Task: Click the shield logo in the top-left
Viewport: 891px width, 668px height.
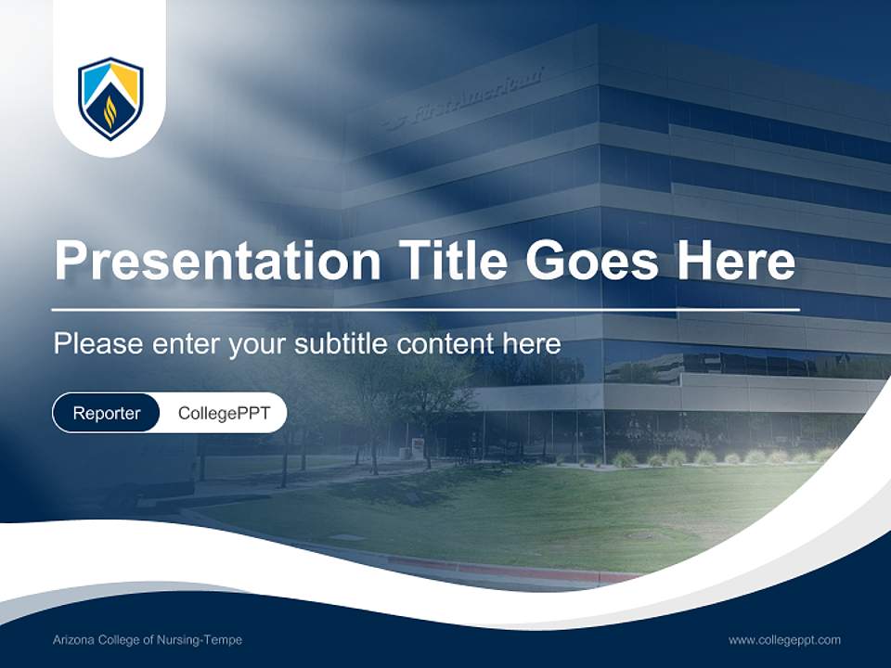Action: click(110, 98)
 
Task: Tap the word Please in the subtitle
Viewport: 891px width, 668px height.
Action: click(98, 344)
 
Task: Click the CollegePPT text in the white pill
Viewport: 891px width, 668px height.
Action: click(224, 413)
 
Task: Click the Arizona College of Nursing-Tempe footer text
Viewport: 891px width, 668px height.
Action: click(148, 640)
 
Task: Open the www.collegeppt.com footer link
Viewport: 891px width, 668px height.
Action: click(784, 640)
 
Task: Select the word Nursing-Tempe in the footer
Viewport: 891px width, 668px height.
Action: click(203, 640)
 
